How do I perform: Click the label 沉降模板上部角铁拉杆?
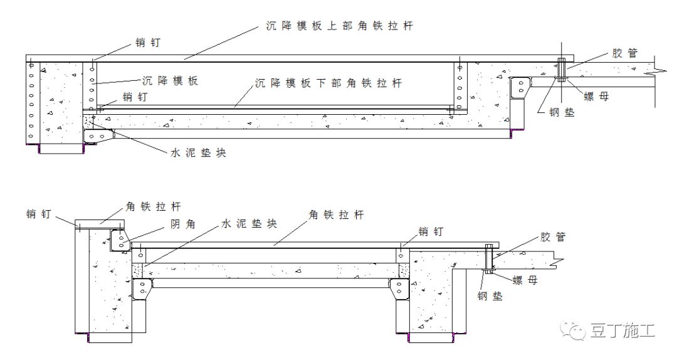[x=335, y=26]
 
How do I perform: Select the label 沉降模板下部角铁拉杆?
[x=328, y=83]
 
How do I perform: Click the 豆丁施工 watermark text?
[x=622, y=331]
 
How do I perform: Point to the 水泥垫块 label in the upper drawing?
[x=197, y=152]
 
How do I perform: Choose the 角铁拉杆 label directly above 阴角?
[x=154, y=206]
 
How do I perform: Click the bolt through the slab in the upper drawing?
[x=562, y=70]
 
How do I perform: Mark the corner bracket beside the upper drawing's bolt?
[x=520, y=88]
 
